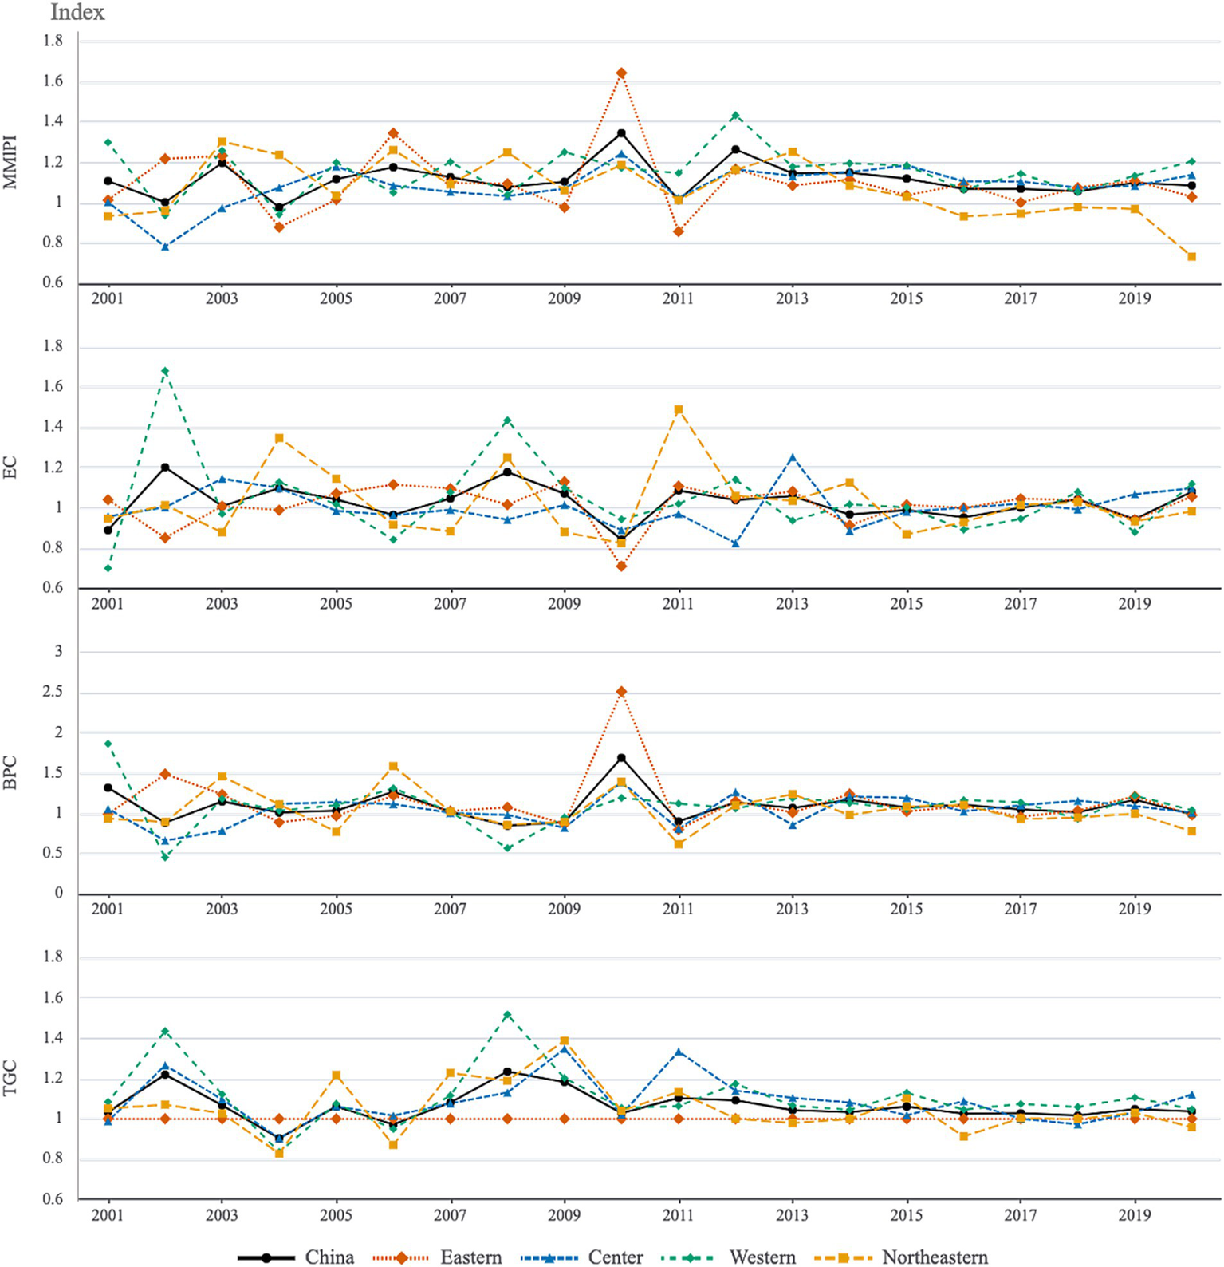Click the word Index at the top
[x=77, y=13]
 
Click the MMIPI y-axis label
[x=10, y=162]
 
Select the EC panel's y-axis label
[x=10, y=468]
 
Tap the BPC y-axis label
[x=10, y=772]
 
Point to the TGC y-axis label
[x=10, y=1077]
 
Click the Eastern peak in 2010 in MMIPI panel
[x=621, y=73]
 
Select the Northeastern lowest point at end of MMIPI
[x=1191, y=257]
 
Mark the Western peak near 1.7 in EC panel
[x=165, y=371]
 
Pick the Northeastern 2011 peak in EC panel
[x=679, y=410]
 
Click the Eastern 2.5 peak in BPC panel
[x=621, y=692]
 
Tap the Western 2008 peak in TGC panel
[x=507, y=1015]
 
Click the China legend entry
[x=329, y=1257]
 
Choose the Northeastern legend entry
[x=934, y=1257]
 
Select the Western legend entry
[x=762, y=1257]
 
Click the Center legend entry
[x=615, y=1257]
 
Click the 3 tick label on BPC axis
[x=58, y=652]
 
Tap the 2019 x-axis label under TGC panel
[x=1134, y=1215]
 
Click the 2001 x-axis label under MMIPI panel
[x=108, y=298]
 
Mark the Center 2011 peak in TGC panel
[x=679, y=1052]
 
